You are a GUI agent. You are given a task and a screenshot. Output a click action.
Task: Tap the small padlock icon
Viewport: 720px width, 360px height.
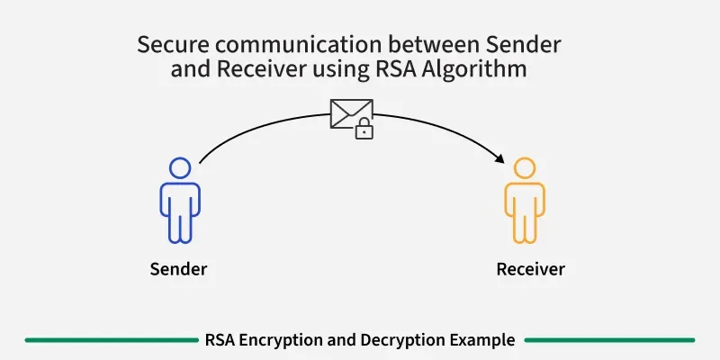pos(364,130)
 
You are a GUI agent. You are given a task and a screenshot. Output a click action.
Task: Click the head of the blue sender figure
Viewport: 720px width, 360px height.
pos(179,168)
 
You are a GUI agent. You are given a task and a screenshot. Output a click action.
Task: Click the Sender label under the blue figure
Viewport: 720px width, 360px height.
pos(178,269)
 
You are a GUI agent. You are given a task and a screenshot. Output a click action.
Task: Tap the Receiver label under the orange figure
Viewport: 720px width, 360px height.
pos(530,269)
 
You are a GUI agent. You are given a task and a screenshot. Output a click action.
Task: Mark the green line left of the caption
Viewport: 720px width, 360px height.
pos(108,340)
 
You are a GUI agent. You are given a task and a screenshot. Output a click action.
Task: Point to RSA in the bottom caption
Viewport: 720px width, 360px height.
pos(219,340)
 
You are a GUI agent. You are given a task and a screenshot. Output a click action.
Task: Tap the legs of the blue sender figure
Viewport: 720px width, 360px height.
pos(179,228)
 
